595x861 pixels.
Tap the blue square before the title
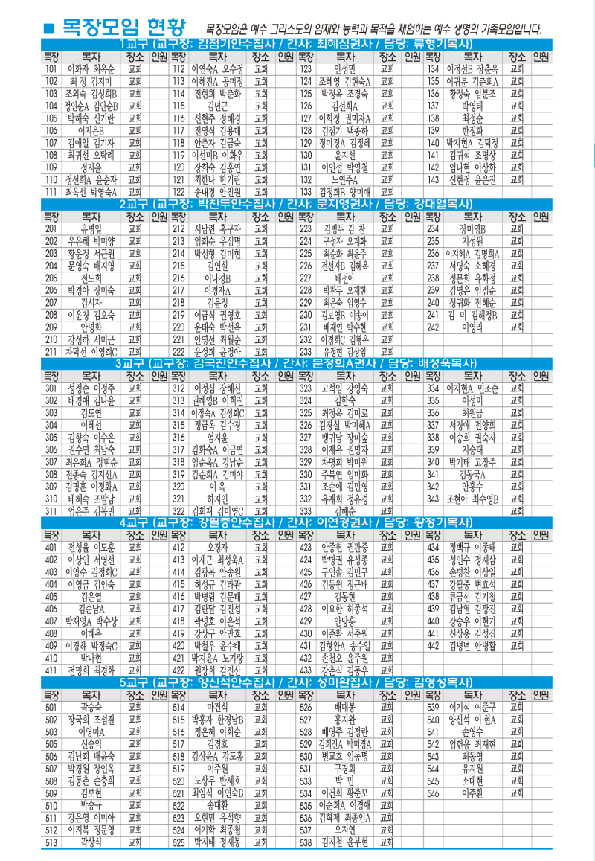point(49,29)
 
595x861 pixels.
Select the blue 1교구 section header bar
point(297,45)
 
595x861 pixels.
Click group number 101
point(51,68)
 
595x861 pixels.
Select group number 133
point(305,192)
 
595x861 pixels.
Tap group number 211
point(51,351)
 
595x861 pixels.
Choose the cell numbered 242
point(432,327)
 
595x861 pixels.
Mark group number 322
point(178,511)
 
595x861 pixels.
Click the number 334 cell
point(432,388)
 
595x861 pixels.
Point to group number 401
point(51,548)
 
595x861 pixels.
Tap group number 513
point(51,842)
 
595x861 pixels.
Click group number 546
point(432,793)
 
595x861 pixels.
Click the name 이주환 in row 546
point(473,793)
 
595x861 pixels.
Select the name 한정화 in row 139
point(473,130)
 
